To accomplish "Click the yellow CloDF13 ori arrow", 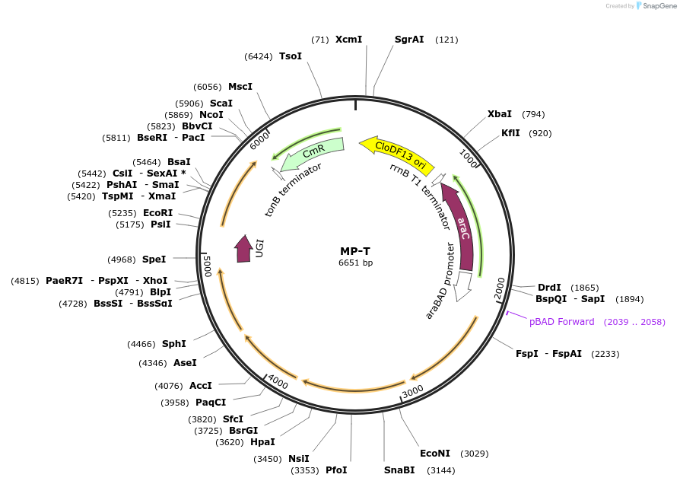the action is coord(397,154).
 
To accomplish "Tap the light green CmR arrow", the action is coord(313,153).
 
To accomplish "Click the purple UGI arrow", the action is coord(243,249).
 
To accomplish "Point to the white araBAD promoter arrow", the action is coord(463,285).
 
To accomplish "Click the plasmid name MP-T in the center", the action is coord(355,251).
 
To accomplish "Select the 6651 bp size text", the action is coord(356,263).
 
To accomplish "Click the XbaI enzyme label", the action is coord(500,113).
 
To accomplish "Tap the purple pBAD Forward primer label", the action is coord(561,322).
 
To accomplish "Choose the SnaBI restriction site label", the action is coord(399,470).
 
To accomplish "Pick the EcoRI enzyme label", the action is coord(158,212).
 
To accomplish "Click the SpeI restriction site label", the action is coord(154,260).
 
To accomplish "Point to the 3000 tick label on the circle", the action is coord(413,391).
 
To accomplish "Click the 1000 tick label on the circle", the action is coord(469,158).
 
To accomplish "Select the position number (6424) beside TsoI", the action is coord(259,56).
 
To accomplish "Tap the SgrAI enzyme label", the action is coord(409,40).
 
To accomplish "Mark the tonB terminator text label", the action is coord(293,189).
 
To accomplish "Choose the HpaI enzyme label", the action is coord(263,442).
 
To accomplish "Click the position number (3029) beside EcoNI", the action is coord(475,454).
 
